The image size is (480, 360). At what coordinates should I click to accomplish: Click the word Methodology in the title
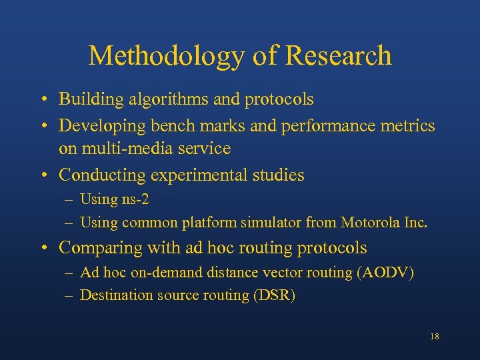pyautogui.click(x=167, y=56)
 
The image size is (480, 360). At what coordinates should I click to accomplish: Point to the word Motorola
pyautogui.click(x=371, y=223)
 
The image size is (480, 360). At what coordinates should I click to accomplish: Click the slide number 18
pyautogui.click(x=434, y=337)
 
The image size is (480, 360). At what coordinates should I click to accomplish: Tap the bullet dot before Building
pyautogui.click(x=42, y=101)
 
